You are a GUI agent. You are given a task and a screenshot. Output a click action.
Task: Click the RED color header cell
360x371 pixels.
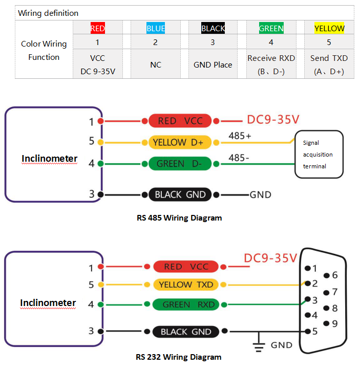click(97, 28)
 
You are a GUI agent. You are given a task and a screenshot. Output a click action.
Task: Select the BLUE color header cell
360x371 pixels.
click(156, 28)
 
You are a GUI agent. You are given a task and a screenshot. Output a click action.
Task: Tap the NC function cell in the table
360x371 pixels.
click(156, 64)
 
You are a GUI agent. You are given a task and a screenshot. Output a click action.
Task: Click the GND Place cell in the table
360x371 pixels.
click(213, 64)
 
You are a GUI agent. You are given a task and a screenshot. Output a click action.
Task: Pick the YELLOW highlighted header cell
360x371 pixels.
click(329, 28)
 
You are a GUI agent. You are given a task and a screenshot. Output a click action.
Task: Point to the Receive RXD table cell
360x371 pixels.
click(271, 64)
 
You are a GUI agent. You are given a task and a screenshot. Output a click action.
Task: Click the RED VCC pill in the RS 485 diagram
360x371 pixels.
click(180, 121)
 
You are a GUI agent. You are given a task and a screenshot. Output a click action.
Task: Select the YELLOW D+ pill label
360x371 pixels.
click(180, 142)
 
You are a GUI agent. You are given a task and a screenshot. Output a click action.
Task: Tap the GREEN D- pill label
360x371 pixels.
click(180, 164)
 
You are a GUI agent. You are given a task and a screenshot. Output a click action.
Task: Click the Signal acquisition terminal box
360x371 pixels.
click(319, 155)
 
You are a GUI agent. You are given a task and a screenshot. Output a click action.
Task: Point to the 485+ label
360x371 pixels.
click(240, 137)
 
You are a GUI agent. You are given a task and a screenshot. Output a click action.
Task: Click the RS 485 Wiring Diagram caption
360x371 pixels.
click(179, 217)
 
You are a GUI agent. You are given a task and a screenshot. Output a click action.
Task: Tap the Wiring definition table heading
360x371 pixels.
click(48, 13)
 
